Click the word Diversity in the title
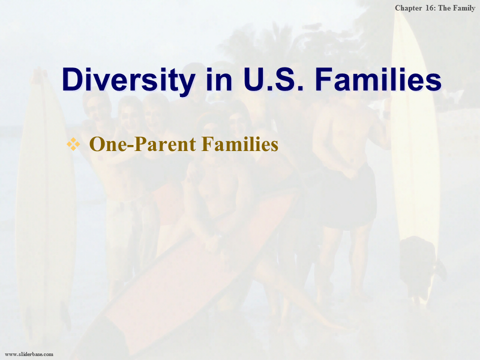click(128, 79)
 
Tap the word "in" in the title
click(219, 79)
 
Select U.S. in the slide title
click(274, 79)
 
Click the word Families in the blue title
click(378, 79)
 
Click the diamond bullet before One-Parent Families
click(73, 144)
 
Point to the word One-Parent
click(142, 144)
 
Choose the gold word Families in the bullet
click(240, 144)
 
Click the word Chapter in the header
click(408, 8)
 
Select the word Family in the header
click(464, 8)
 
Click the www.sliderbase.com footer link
click(29, 354)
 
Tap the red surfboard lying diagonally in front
click(183, 275)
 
